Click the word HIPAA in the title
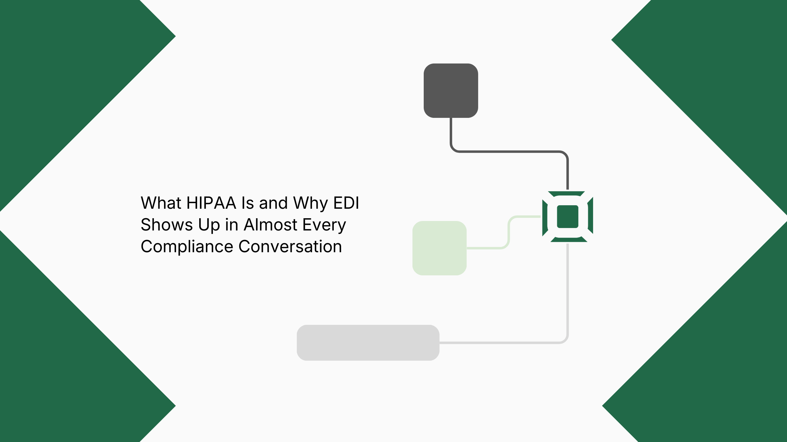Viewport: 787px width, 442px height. pos(211,203)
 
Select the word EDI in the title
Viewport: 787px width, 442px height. pos(346,203)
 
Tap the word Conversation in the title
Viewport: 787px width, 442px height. pos(290,247)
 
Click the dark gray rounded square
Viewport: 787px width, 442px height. pos(451,91)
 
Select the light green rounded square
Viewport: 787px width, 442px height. pos(440,248)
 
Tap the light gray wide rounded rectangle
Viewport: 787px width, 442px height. pos(368,343)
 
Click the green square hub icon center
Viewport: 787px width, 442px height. pos(568,216)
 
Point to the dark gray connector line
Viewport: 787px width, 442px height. pos(509,152)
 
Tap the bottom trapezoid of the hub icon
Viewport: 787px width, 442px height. pos(569,239)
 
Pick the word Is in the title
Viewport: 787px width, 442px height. pos(247,203)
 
